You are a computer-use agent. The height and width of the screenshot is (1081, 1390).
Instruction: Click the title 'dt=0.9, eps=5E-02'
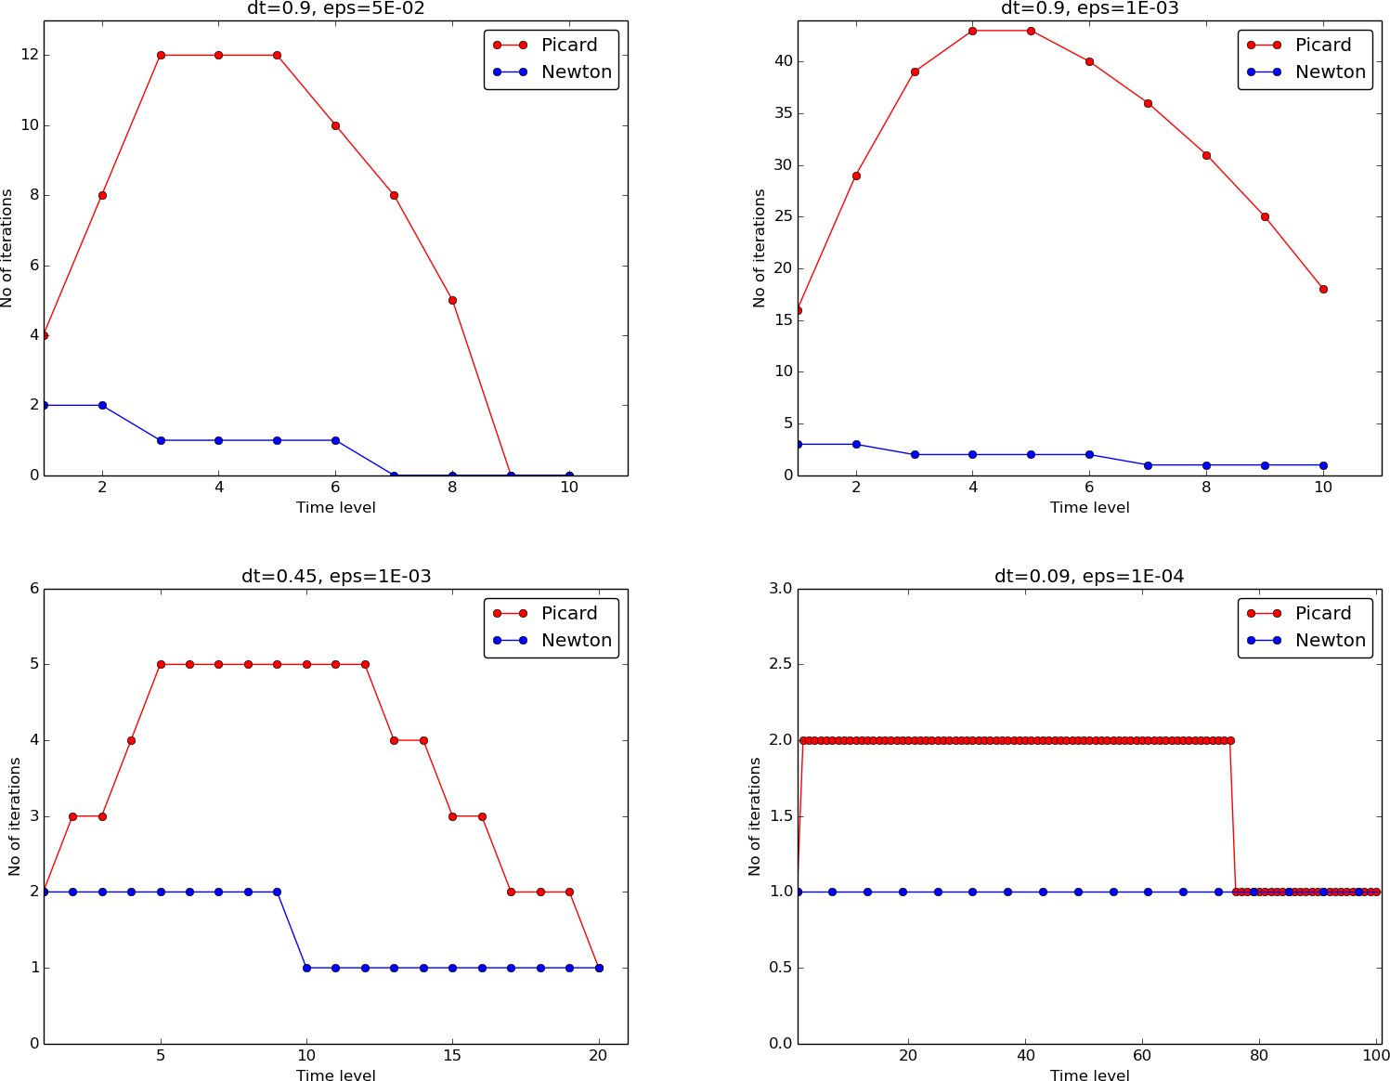336,9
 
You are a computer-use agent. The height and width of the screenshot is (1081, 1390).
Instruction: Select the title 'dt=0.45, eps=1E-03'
336,577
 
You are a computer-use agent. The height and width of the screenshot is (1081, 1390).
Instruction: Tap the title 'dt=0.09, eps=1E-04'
1089,577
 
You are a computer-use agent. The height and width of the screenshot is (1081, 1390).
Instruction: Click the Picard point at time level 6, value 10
335,125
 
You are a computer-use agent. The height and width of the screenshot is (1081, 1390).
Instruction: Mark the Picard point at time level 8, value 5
452,300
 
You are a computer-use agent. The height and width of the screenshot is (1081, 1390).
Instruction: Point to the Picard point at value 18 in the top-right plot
1323,289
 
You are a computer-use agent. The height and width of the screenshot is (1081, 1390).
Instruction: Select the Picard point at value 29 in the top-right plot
856,176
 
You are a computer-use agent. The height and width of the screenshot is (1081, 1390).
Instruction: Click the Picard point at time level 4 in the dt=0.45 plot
131,740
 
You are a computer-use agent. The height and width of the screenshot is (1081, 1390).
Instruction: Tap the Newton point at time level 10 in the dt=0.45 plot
306,968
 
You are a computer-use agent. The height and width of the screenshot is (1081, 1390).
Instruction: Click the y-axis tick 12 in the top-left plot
31,56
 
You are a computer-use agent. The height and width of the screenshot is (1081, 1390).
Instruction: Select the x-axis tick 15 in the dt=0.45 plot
452,1056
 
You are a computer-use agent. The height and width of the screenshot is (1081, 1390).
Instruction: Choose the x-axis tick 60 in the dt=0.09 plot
1142,1056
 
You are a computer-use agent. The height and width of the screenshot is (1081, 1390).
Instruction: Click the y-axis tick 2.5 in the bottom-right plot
778,664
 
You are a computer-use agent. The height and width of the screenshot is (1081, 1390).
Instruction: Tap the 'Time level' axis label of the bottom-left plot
336,1075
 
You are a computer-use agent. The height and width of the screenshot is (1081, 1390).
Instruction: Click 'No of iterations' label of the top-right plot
760,248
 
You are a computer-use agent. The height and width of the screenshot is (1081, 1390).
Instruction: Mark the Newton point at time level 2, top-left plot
102,405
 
